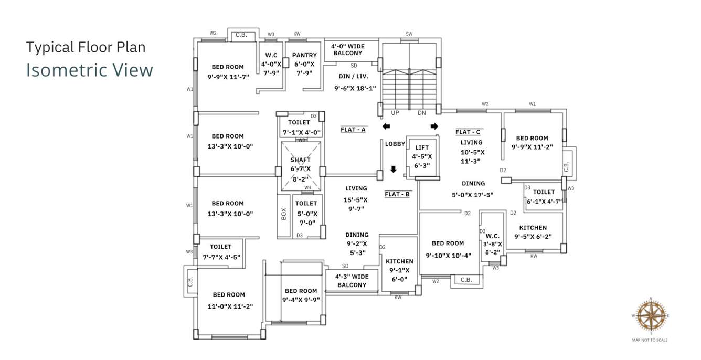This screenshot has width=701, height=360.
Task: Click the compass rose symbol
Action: click(651, 315)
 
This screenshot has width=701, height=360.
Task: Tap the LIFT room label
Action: click(422, 148)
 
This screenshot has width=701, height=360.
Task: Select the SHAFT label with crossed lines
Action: click(301, 160)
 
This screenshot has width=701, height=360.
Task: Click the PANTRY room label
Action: click(304, 55)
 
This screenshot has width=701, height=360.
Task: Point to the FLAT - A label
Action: click(353, 129)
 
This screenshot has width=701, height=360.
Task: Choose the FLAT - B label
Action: click(397, 194)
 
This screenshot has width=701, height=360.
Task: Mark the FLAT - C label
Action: click(468, 132)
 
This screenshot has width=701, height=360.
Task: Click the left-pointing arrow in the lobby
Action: click(386, 126)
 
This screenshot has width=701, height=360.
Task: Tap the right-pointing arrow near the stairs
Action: click(434, 126)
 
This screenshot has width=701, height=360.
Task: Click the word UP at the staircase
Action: click(395, 113)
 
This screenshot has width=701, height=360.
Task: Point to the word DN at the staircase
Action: click(422, 113)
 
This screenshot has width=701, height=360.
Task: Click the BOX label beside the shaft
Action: click(284, 214)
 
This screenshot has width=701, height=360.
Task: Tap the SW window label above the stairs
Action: click(409, 34)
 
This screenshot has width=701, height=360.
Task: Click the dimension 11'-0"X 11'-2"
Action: click(230, 306)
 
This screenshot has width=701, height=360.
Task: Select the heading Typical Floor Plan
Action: click(86, 47)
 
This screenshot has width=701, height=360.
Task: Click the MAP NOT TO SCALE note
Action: click(650, 340)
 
